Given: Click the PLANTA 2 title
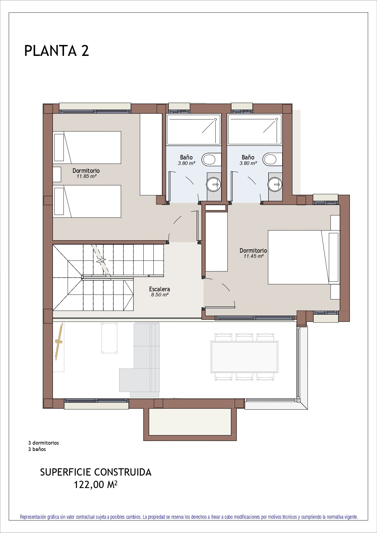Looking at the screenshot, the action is pos(57,51).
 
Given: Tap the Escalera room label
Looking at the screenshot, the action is pos(159,289).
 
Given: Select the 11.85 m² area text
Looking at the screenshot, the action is pos(86,176).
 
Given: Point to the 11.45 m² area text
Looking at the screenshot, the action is pos(253,256).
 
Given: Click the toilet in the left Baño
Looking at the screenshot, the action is pos(211,159).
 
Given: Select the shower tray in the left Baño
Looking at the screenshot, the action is pos(194,130).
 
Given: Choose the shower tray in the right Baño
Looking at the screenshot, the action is pos(255,130).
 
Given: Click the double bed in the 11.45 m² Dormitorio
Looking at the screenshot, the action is pos(304,257).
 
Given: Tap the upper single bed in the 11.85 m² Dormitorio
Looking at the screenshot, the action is pos(87,148).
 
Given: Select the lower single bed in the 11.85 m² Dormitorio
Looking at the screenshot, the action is pos(87,201).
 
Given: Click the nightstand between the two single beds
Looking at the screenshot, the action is pos(57,174).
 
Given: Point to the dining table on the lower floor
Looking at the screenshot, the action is pos(244,357).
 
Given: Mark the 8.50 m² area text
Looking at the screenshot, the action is pos(160,295).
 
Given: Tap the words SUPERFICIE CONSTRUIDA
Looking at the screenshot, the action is pos(96,472).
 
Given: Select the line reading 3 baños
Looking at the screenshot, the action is pos(37,449).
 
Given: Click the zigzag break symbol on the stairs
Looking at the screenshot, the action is pos(101,260).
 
